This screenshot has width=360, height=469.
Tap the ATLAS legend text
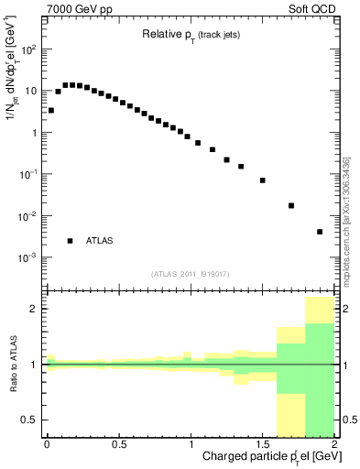pyautogui.click(x=99, y=241)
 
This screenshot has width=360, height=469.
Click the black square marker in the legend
pyautogui.click(x=70, y=241)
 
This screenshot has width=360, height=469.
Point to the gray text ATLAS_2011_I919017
pyautogui.click(x=191, y=274)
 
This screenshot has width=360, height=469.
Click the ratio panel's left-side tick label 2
pyautogui.click(x=35, y=309)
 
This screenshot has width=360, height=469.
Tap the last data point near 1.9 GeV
pyautogui.click(x=320, y=232)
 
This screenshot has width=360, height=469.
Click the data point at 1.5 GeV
pyautogui.click(x=262, y=180)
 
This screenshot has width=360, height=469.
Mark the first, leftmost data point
pyautogui.click(x=50, y=110)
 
